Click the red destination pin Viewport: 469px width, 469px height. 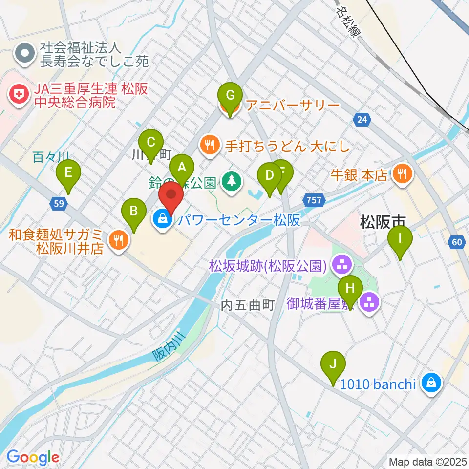(171, 197)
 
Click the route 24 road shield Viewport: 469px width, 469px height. (362, 119)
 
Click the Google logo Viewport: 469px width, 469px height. (33, 457)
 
